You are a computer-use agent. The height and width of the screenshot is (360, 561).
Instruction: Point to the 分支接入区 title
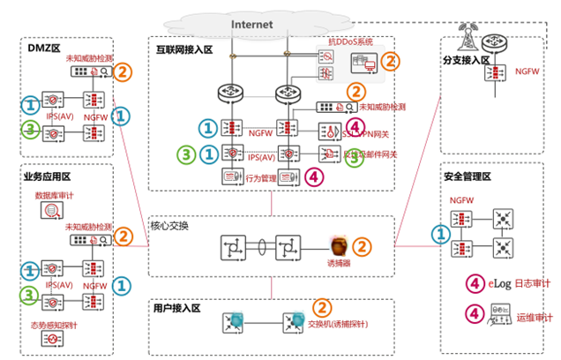[467, 62]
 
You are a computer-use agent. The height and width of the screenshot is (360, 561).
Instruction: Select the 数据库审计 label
[56, 194]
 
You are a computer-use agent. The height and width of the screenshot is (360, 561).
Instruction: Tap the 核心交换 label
[169, 225]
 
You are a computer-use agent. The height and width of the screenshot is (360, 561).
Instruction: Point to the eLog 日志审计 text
[520, 282]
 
